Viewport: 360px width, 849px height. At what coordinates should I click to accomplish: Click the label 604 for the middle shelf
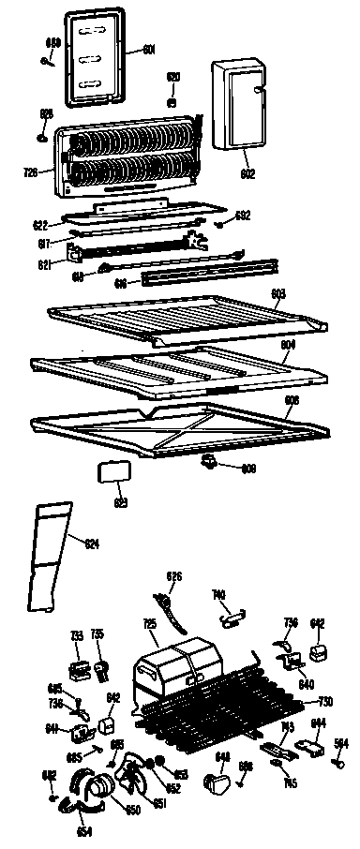coord(287,345)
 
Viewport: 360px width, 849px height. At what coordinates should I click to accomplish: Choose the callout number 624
coord(93,544)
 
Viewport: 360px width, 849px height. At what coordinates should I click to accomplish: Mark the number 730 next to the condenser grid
coord(325,702)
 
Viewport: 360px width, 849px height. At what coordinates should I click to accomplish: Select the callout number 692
coord(243,216)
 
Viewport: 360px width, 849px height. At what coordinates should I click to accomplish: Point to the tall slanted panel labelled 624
coord(52,553)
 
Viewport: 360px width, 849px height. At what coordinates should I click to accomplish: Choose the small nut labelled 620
coord(172,100)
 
